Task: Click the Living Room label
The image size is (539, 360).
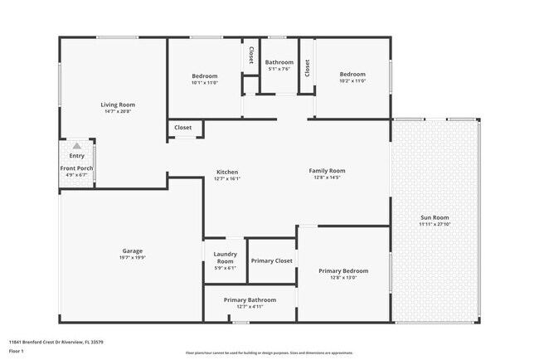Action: [x=118, y=105]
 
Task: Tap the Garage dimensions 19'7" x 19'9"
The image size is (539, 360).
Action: [x=133, y=257]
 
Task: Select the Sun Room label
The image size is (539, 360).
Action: [x=435, y=217]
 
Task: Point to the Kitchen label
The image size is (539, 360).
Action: [x=227, y=172]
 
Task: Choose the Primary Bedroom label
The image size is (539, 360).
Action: [x=343, y=270]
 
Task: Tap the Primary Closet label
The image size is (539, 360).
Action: [x=272, y=260]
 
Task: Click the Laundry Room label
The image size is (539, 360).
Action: [x=226, y=258]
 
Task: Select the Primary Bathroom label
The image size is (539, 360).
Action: [x=250, y=299]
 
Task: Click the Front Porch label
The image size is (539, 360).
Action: [x=76, y=168]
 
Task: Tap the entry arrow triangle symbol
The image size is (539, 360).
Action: [x=76, y=145]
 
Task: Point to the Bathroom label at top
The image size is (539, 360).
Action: [x=279, y=62]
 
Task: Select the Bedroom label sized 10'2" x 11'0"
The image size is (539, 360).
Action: [x=352, y=75]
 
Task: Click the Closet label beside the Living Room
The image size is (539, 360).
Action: [x=182, y=128]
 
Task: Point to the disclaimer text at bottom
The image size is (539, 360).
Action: [x=269, y=353]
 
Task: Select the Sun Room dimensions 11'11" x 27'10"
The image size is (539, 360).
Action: [x=435, y=224]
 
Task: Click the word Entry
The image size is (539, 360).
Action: [x=76, y=156]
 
